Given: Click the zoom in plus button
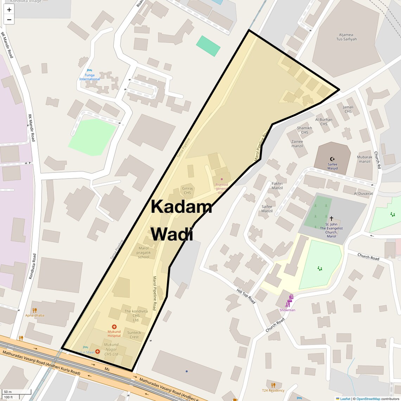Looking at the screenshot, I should (x=9, y=10).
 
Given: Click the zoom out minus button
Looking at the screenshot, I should (x=9, y=20).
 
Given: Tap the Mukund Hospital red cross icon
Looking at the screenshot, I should (x=114, y=327).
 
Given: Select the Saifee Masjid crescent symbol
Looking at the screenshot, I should (x=332, y=159).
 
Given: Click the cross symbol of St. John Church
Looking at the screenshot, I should (x=331, y=218).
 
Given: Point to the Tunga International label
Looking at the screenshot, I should (x=89, y=77).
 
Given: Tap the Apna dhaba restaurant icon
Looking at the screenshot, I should (x=34, y=310).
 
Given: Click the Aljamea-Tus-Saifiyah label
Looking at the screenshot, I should (x=348, y=37).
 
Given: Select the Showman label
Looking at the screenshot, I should (x=287, y=310).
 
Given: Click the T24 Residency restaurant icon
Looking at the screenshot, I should (x=273, y=385).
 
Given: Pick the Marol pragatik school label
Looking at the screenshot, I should (x=144, y=253).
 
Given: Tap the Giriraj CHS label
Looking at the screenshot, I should (x=187, y=190).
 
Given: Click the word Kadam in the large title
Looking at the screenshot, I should (x=181, y=207).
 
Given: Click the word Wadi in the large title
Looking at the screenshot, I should (x=172, y=234).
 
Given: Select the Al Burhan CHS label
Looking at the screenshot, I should (x=324, y=122).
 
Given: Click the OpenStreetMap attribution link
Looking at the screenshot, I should (x=368, y=399).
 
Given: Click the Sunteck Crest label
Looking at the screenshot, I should (x=134, y=335).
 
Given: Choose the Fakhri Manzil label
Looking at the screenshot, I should (x=277, y=186).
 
